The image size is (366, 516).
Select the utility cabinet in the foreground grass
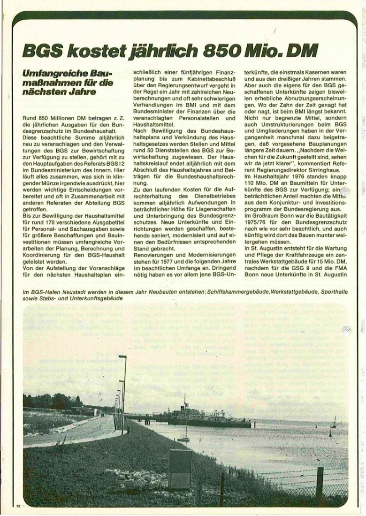coord(180,469)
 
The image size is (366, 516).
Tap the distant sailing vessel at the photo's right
coord(335,422)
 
